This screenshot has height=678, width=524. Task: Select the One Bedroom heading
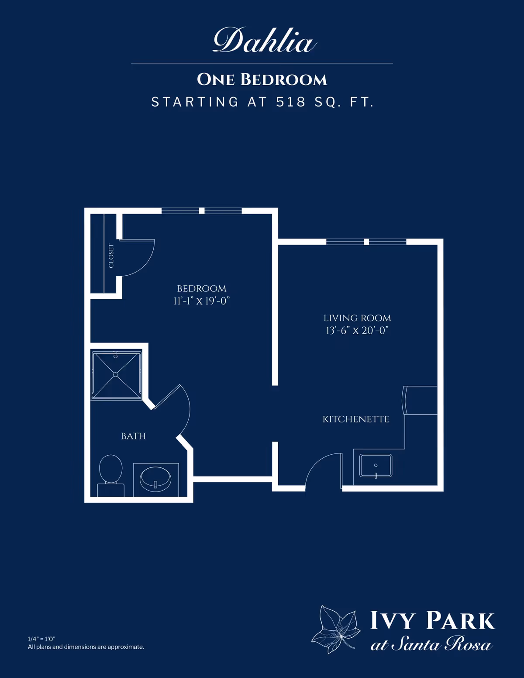pyautogui.click(x=262, y=80)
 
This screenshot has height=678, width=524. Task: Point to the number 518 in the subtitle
pyautogui.click(x=290, y=102)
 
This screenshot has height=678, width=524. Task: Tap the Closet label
pyautogui.click(x=111, y=256)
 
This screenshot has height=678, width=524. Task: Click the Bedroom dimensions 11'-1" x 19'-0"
pyautogui.click(x=201, y=301)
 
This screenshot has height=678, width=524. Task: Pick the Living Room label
pyautogui.click(x=357, y=318)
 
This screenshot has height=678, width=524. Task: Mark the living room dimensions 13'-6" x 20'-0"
pyautogui.click(x=357, y=330)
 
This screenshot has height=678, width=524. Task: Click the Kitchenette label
pyautogui.click(x=356, y=419)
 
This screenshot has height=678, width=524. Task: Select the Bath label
pyautogui.click(x=133, y=436)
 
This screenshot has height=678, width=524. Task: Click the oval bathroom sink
pyautogui.click(x=155, y=479)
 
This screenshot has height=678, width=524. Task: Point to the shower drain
pyautogui.click(x=116, y=375)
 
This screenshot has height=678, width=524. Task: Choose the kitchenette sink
pyautogui.click(x=376, y=466)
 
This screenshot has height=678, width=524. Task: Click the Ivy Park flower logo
pyautogui.click(x=335, y=629)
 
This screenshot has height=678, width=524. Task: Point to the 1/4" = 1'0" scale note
pyautogui.click(x=41, y=639)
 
